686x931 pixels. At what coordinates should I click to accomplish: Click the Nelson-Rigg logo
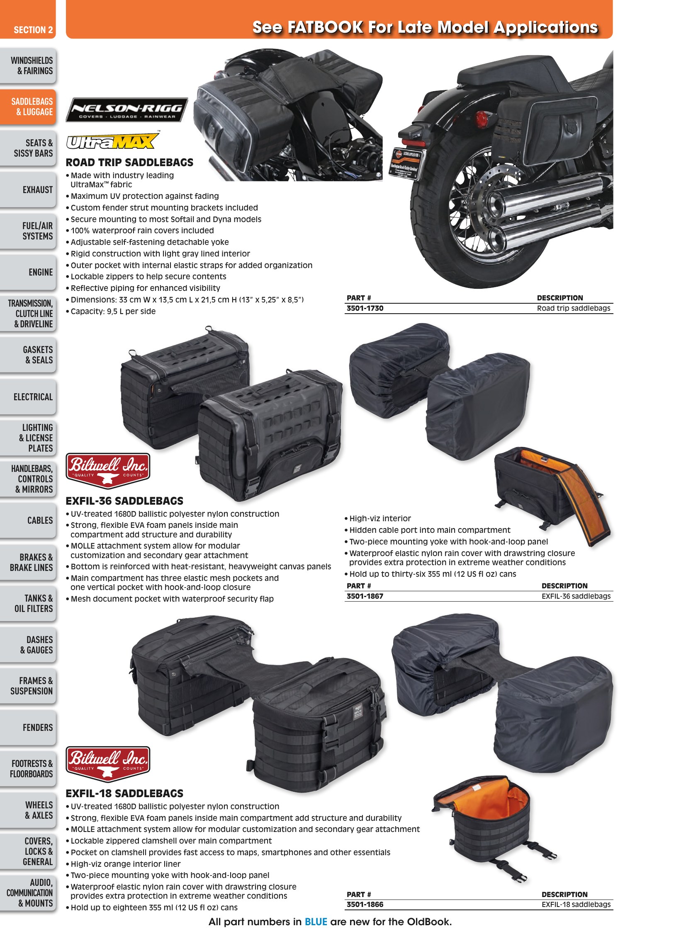pos(126,110)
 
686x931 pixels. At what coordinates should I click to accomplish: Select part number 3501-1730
pos(365,308)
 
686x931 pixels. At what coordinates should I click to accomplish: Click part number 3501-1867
pos(365,596)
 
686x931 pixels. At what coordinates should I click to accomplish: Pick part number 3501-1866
pos(365,904)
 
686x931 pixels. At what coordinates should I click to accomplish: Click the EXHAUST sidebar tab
pos(28,190)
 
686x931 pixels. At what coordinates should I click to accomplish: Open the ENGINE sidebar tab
pos(28,272)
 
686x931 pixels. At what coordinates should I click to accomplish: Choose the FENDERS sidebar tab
pos(28,727)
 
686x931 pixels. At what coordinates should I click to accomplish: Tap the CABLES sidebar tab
pos(28,520)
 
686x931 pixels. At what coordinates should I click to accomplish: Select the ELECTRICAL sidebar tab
pos(28,397)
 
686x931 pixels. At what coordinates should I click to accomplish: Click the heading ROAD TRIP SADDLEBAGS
pos(129,162)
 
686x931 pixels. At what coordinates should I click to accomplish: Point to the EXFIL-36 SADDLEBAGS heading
pos(124,501)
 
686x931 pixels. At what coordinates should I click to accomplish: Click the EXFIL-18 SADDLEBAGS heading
pos(124,793)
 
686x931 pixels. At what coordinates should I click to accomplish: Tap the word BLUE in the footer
pos(316,922)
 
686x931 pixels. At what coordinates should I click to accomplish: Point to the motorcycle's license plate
pos(407,163)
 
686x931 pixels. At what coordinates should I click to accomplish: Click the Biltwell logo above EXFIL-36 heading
pos(108,471)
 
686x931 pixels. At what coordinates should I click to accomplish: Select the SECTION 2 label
pos(33,30)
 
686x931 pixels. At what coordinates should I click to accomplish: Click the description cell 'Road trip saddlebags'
pos(574,308)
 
